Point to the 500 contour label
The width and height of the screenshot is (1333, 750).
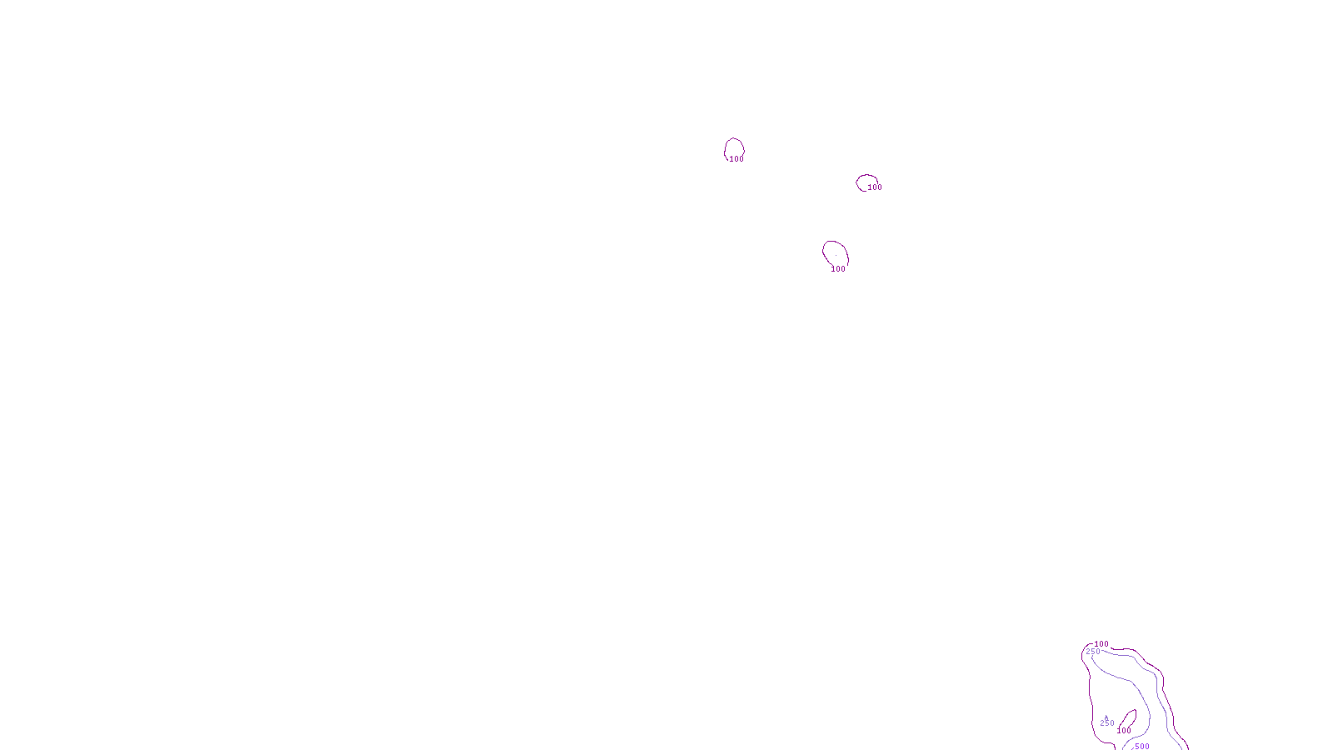click(x=1141, y=747)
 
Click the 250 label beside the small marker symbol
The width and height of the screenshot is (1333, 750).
click(x=1106, y=723)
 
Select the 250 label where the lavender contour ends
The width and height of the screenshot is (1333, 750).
click(x=1093, y=652)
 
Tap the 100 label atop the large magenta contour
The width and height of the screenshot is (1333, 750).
click(x=1101, y=644)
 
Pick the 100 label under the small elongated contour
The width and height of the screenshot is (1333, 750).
click(x=1124, y=731)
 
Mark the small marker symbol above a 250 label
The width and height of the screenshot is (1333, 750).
click(x=1106, y=717)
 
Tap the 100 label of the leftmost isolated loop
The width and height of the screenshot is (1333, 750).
click(x=736, y=159)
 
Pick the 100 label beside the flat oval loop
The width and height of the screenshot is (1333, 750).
click(x=874, y=187)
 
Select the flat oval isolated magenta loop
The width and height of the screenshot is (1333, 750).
click(x=867, y=176)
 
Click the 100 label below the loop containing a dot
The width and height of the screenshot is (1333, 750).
click(x=838, y=269)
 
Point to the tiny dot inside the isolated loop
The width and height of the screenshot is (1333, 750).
click(x=836, y=255)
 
